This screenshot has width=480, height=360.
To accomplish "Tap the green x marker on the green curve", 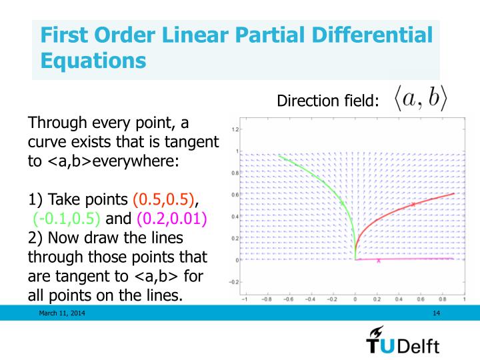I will point(342,204).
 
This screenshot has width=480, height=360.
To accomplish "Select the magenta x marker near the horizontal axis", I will point(379,261).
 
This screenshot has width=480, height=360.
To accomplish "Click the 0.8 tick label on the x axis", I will point(442,300).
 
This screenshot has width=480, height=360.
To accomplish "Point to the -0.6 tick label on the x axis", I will point(289,300).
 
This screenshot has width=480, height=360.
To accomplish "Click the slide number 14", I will point(437,313).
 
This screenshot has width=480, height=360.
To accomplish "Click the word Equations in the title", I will point(93,60).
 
